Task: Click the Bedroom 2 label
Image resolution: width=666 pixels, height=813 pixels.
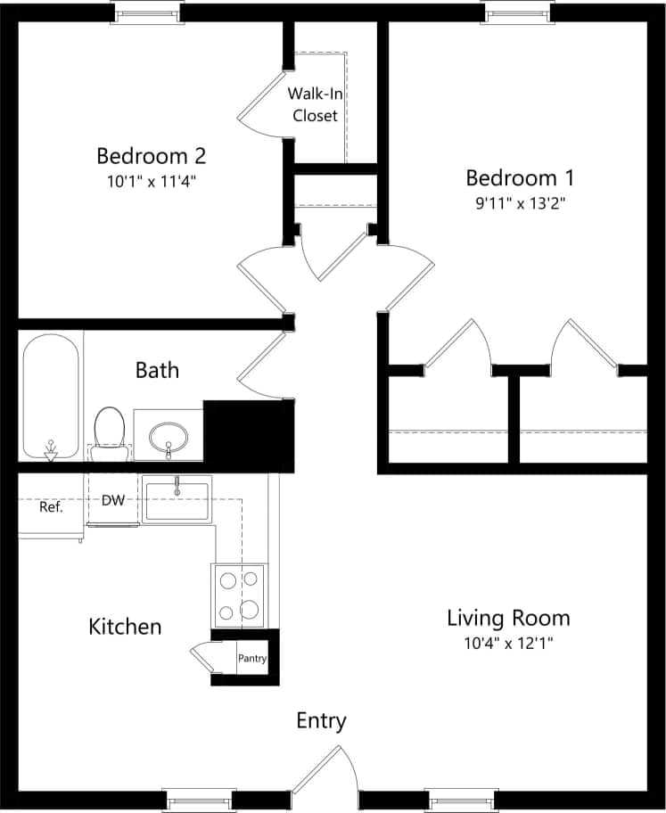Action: click(151, 156)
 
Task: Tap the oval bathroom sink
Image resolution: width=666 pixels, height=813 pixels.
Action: click(168, 437)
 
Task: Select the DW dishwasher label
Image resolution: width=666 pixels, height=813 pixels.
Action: click(112, 500)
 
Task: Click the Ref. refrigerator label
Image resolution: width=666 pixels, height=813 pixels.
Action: click(50, 507)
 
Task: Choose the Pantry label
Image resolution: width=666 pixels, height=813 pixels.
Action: click(251, 660)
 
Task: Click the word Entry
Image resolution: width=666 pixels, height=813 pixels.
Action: click(321, 721)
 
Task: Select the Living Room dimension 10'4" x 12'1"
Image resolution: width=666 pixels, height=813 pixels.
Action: click(507, 644)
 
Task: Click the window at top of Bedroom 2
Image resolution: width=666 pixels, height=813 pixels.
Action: click(147, 12)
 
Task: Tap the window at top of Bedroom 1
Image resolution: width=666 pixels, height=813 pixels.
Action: click(520, 12)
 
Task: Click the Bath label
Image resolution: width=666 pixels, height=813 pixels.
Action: click(157, 369)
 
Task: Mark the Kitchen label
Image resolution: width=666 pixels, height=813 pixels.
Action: click(125, 627)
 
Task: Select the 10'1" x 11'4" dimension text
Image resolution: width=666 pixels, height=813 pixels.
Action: click(151, 181)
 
